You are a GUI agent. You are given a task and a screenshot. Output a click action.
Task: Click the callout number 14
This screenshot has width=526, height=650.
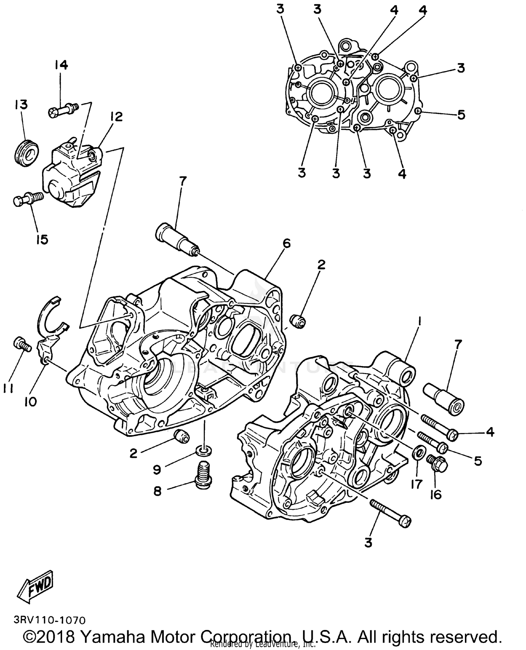tap(61, 65)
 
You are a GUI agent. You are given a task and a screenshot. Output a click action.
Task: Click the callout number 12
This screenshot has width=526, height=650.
tap(116, 116)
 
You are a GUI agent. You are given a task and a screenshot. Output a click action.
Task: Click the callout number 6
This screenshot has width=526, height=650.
tap(286, 243)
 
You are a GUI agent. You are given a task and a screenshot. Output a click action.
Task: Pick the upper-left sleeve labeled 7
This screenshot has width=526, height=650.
tap(177, 238)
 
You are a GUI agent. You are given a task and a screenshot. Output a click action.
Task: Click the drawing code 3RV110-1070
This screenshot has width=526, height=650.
tap(49, 620)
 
